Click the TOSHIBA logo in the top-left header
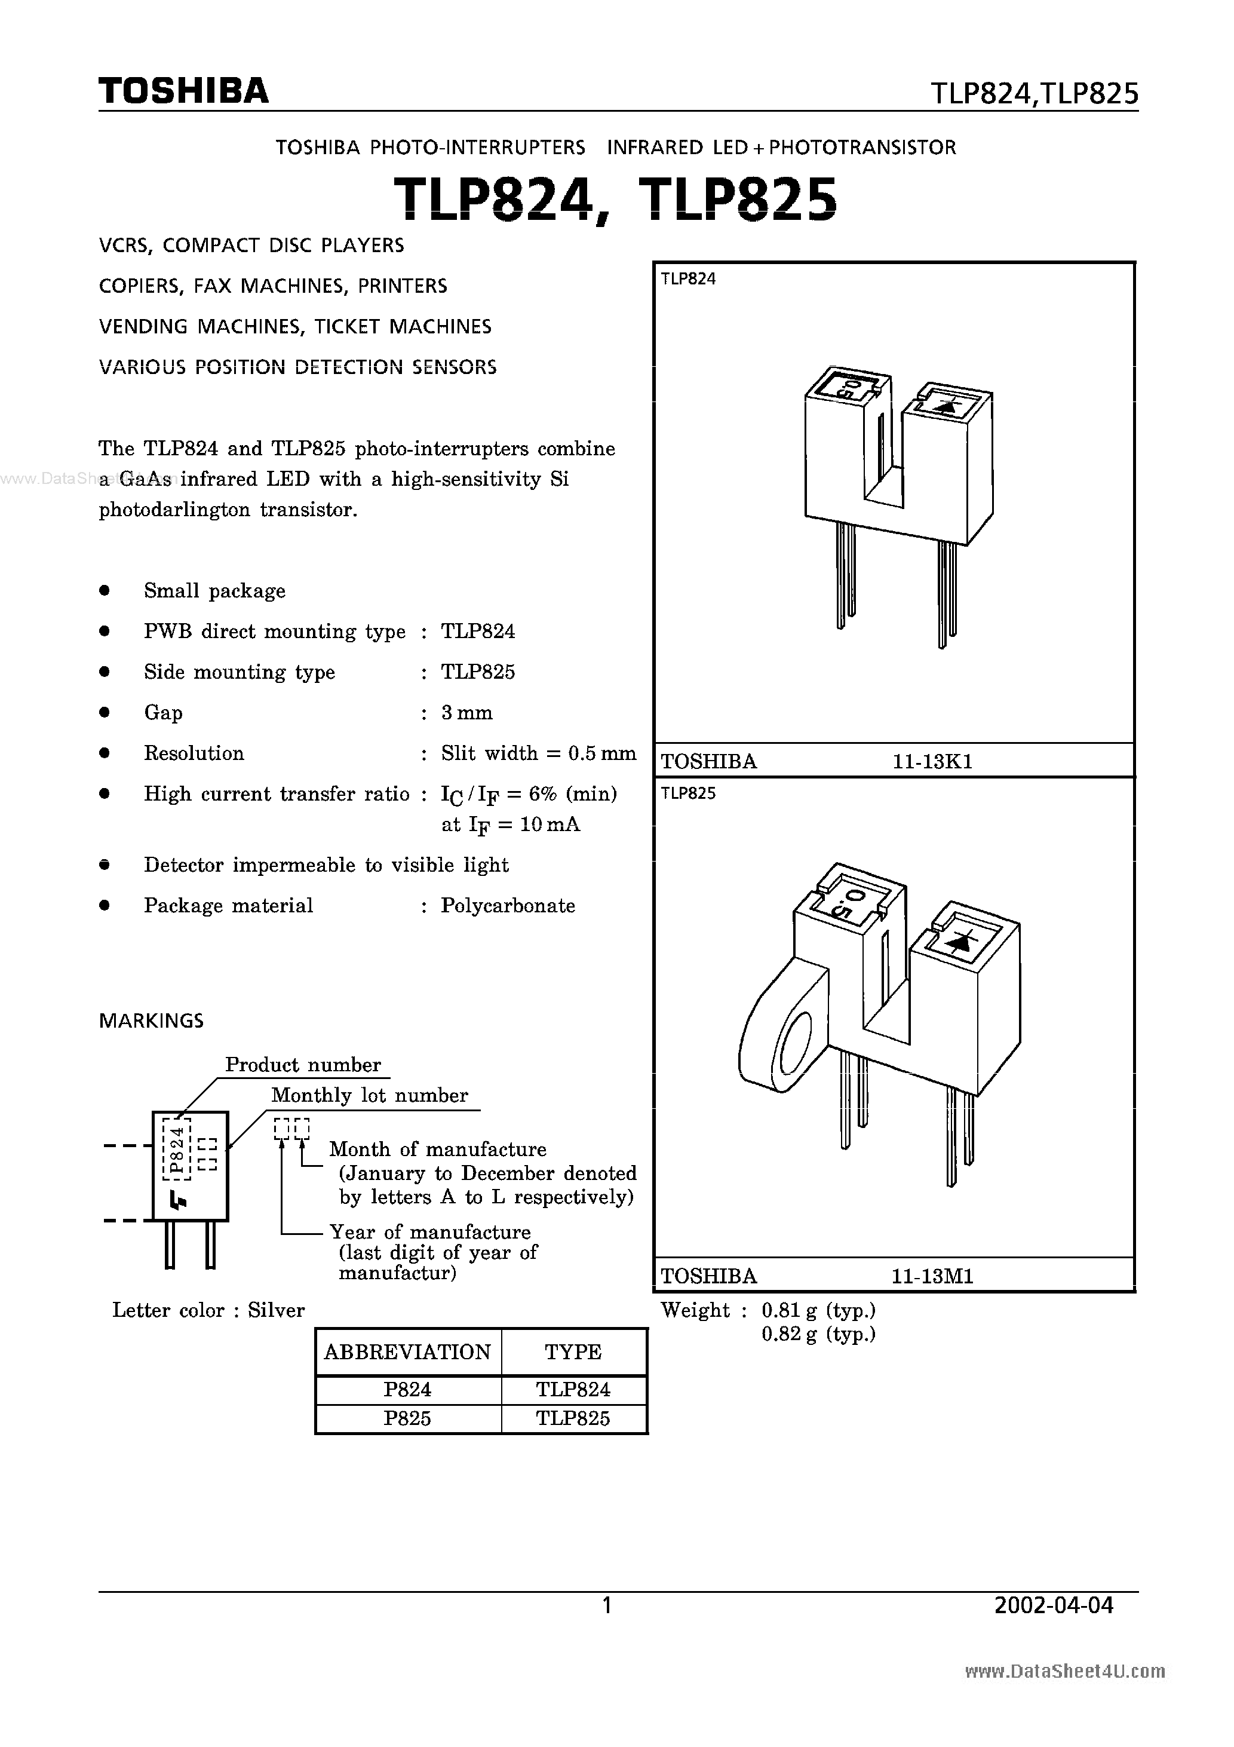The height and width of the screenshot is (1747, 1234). pyautogui.click(x=183, y=91)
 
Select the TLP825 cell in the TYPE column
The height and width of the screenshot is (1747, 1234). pyautogui.click(x=573, y=1418)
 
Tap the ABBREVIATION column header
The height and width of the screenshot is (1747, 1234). pyautogui.click(x=408, y=1352)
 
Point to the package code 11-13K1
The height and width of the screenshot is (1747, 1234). pyautogui.click(x=933, y=762)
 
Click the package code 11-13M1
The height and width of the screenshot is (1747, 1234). pyautogui.click(x=933, y=1276)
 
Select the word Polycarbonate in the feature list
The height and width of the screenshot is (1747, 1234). pyautogui.click(x=508, y=905)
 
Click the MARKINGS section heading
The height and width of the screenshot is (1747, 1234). pyautogui.click(x=151, y=1021)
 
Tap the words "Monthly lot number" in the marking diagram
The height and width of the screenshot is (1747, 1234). pyautogui.click(x=370, y=1096)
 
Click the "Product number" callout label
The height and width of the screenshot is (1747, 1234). pyautogui.click(x=303, y=1065)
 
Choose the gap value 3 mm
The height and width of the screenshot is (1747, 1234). pyautogui.click(x=467, y=713)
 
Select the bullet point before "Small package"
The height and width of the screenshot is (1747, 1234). pyautogui.click(x=105, y=590)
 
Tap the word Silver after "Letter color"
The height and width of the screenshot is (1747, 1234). pyautogui.click(x=276, y=1310)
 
